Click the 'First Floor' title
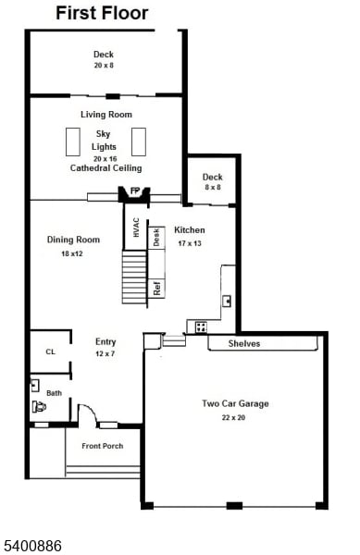(101, 13)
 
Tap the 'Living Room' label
(106, 115)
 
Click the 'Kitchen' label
(190, 230)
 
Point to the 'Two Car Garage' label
(235, 403)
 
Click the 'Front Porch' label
(102, 446)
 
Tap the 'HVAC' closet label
(135, 228)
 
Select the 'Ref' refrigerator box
(157, 287)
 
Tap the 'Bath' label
(55, 393)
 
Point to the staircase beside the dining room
(134, 277)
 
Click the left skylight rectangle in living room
(71, 142)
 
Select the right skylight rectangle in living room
(140, 142)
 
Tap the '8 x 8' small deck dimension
(212, 188)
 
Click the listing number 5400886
(32, 547)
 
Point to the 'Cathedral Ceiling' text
(106, 168)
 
